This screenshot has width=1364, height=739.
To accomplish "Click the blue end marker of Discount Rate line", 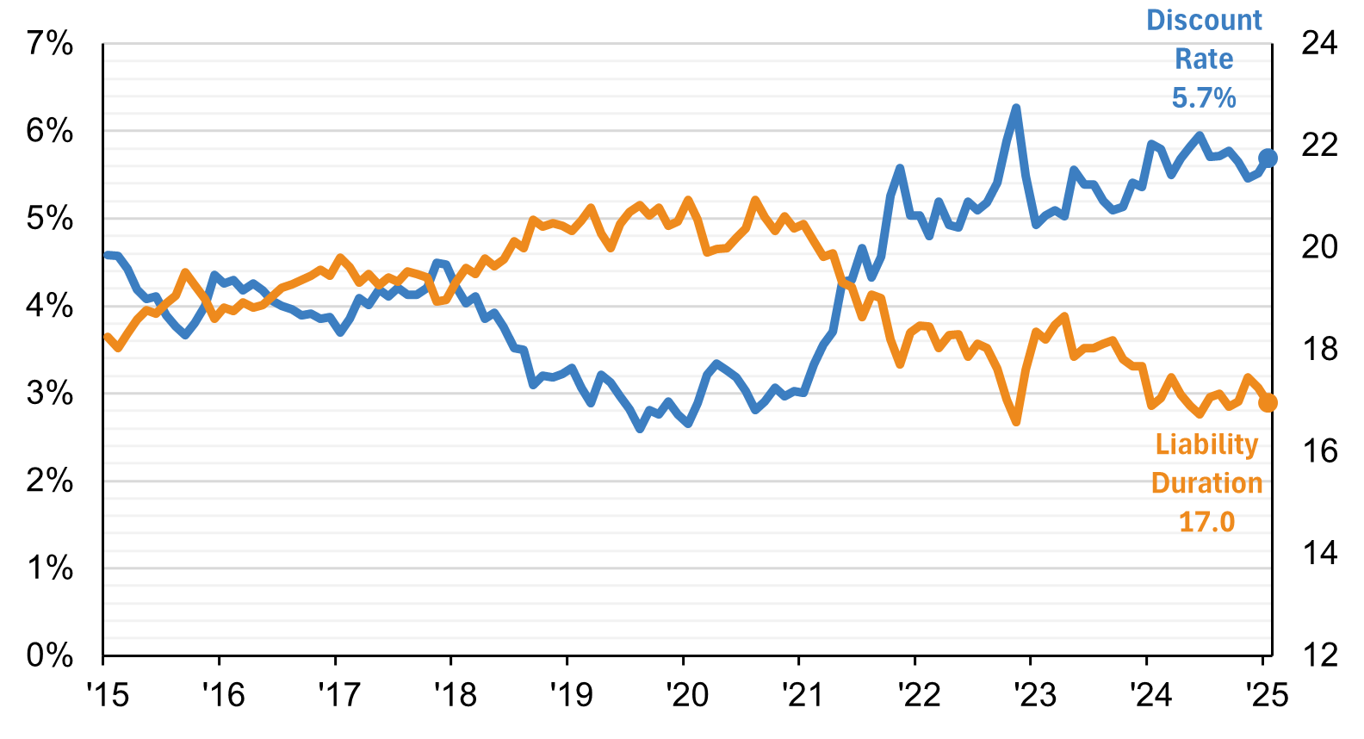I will pos(1268,158).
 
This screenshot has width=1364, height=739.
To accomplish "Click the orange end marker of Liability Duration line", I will pos(1268,402).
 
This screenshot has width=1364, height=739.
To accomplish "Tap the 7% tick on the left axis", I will pos(50,42).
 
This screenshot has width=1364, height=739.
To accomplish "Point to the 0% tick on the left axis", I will pos(50,655).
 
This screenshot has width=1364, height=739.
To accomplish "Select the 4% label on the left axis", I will pos(50,305).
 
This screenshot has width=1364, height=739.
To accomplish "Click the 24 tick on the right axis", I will pos(1318,42).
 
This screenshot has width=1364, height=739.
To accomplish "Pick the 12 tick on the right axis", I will pos(1318,655).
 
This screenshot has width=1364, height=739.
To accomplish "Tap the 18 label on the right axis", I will pos(1318,349).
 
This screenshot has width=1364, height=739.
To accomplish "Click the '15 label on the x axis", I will pos(108,694).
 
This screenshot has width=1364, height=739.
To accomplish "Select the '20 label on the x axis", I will pos(687,694).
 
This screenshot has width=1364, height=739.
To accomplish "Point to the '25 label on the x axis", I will pos(1267,694).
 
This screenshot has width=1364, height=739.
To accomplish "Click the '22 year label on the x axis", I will pos(919,694).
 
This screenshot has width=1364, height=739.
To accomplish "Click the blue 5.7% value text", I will pos(1204,98).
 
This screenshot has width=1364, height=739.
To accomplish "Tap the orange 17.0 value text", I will pos(1206,522).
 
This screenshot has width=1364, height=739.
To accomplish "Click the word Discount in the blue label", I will pos(1204,21).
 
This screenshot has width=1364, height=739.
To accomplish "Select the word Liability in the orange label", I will pos(1206,444).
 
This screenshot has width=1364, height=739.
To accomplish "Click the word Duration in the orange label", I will pos(1206,483).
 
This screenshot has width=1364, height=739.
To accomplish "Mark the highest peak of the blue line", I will pos(1016,109).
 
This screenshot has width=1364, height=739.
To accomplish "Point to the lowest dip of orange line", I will pos(1016,421).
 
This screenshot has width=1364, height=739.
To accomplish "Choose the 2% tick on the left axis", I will pos(50,480).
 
